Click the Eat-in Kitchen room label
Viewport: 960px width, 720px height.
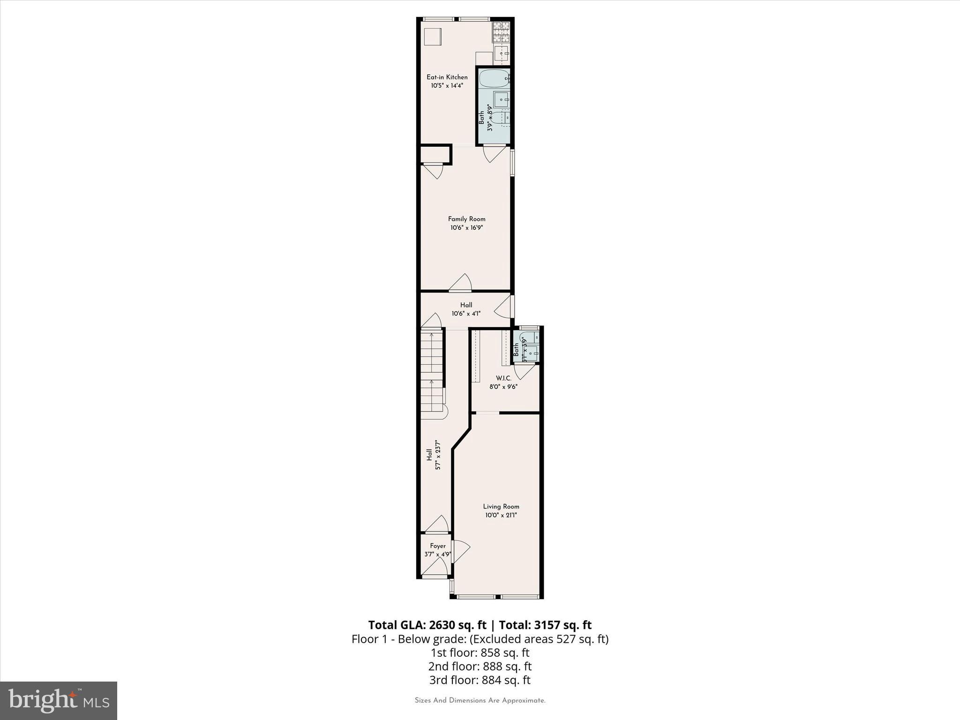[x=447, y=77]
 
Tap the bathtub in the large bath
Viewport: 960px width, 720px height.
[x=494, y=79]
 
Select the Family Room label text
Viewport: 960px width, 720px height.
[x=466, y=219]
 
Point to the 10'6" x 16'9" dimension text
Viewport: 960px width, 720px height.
[x=466, y=228]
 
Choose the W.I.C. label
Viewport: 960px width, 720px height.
[x=503, y=378]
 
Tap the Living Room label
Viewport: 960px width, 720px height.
[x=501, y=506]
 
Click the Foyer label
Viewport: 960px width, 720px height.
[x=438, y=546]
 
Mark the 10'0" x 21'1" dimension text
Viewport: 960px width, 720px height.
[x=501, y=515]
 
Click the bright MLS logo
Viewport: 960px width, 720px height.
[x=59, y=700]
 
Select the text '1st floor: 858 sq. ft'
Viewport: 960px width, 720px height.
[x=480, y=652]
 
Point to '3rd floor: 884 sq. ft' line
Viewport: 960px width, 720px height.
[x=480, y=680]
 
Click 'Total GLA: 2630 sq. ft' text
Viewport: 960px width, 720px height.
[x=427, y=625]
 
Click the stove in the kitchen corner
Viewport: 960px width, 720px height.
[x=500, y=30]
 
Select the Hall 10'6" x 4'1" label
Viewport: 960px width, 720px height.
[x=466, y=309]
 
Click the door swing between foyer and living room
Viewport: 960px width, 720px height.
[x=461, y=551]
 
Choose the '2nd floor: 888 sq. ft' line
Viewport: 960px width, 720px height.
[x=480, y=666]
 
